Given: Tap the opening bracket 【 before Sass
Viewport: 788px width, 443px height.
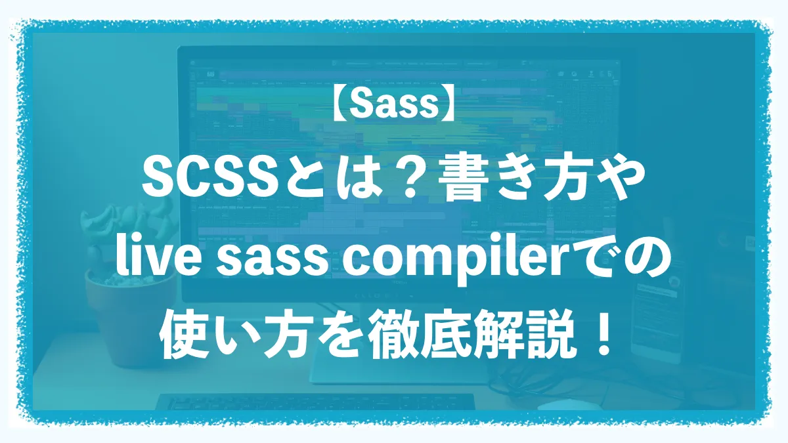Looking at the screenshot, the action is [x=340, y=104].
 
